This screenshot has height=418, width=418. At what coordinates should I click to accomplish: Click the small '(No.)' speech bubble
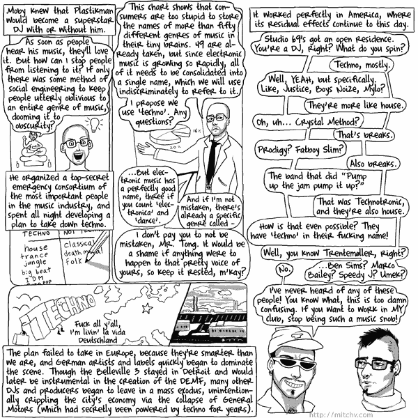click(x=284, y=270)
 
